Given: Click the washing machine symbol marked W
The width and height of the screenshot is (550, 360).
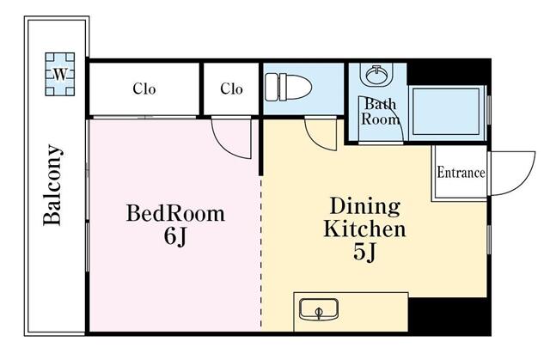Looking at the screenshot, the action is click(60, 74).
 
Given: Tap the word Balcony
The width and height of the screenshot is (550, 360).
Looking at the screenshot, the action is click(52, 185).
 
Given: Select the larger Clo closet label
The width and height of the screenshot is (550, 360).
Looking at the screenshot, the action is click(144, 89).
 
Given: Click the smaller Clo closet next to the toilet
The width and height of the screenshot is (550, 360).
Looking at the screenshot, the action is click(231, 89).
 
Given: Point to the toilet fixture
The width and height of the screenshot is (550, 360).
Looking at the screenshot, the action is click(289, 87).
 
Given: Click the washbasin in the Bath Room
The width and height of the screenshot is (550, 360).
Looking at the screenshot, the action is click(376, 74).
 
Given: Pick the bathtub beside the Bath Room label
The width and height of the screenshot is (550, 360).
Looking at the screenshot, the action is click(446, 112).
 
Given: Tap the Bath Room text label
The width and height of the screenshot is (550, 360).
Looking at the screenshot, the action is click(381, 112).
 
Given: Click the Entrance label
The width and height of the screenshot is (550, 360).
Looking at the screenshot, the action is click(461, 173).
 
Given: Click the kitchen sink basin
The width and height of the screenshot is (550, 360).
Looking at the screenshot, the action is click(319, 309).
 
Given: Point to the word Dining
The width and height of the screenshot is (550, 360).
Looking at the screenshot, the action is click(364, 206).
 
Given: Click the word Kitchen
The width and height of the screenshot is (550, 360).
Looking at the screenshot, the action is click(364, 229).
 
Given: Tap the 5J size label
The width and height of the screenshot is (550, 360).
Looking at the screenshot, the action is click(364, 252).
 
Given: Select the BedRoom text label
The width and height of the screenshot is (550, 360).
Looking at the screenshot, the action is click(175, 213).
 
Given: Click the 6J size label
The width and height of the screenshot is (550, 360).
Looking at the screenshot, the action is click(175, 236).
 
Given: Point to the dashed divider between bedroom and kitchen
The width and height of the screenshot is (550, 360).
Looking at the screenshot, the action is click(261, 253).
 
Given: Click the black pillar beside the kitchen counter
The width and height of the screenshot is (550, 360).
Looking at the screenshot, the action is click(449, 315).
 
